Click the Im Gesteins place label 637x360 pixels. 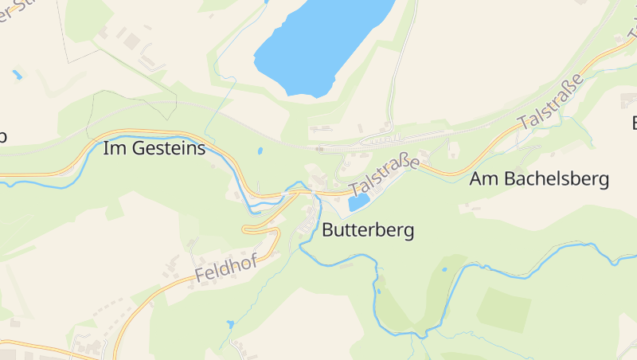tap(154, 147)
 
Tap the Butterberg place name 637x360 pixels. tap(368, 230)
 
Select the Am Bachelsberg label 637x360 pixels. tap(539, 178)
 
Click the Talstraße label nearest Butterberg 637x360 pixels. tap(384, 176)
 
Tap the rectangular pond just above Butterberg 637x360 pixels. tap(358, 202)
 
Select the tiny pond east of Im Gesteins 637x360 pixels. tap(260, 150)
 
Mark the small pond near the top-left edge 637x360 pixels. tap(17, 75)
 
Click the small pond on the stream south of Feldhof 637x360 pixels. tap(230, 324)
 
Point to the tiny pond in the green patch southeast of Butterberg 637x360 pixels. tap(444, 269)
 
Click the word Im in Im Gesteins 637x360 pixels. tap(115, 147)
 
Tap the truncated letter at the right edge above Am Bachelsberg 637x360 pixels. tap(633, 123)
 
